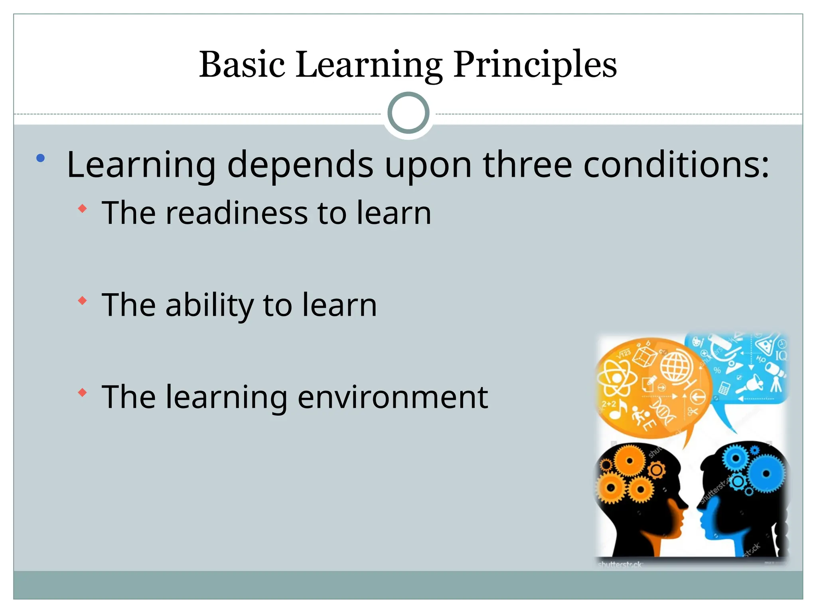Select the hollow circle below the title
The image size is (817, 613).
point(408,113)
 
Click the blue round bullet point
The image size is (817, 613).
point(40,158)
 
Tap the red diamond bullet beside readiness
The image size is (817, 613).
point(82,208)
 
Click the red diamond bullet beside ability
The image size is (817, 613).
point(82,301)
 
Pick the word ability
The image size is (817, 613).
point(209,305)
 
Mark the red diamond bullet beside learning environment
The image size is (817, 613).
point(82,393)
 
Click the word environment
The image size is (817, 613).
point(393,397)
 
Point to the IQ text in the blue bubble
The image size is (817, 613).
point(781,355)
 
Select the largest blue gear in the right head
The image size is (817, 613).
point(766,474)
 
